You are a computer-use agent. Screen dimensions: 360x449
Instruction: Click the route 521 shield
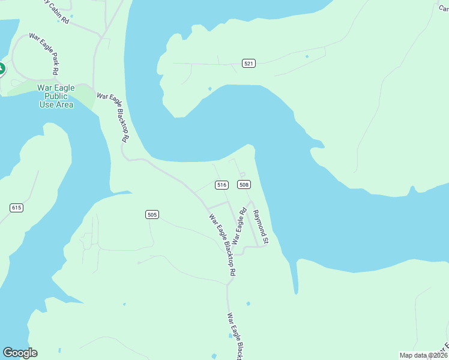(x=249, y=63)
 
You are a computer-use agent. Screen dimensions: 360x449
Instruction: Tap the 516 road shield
(x=221, y=185)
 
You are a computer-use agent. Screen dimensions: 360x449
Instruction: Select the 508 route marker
(x=243, y=185)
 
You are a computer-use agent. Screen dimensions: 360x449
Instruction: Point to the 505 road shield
(x=152, y=214)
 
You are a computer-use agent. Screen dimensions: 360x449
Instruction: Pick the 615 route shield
(x=16, y=208)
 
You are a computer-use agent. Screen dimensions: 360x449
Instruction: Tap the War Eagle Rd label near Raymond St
(x=239, y=226)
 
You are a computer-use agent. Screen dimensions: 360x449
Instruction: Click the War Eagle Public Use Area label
(x=56, y=96)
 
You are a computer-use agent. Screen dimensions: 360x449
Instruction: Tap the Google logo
(x=20, y=353)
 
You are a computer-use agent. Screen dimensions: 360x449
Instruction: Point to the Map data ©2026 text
(x=423, y=355)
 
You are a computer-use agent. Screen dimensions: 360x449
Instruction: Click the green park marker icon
(x=1, y=69)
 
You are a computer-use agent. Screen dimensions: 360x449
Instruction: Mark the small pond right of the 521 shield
(x=307, y=57)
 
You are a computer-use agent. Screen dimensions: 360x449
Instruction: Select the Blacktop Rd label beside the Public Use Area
(x=114, y=116)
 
